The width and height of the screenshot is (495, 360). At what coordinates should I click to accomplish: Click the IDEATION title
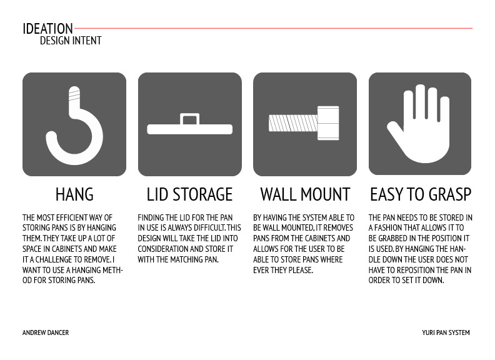[x=47, y=29]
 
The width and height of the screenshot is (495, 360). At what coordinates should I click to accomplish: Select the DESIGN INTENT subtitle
[x=71, y=41]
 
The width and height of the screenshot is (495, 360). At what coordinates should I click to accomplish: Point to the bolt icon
[x=304, y=123]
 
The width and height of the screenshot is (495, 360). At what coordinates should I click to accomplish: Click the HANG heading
[x=74, y=194]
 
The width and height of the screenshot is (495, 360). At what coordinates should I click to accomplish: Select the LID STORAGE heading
[x=190, y=194]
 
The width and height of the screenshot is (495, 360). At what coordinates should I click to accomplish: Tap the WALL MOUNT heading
[x=305, y=194]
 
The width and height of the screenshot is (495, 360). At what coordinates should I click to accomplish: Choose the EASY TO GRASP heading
[x=421, y=194]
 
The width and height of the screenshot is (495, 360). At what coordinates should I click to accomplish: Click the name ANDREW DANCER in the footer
[x=46, y=332]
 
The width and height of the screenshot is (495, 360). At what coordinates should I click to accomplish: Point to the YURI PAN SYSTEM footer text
[x=446, y=332]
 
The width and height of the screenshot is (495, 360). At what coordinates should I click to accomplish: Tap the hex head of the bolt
[x=328, y=123]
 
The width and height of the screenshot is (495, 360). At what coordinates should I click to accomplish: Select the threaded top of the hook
[x=74, y=93]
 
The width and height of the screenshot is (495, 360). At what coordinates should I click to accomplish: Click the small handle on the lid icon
[x=190, y=119]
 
